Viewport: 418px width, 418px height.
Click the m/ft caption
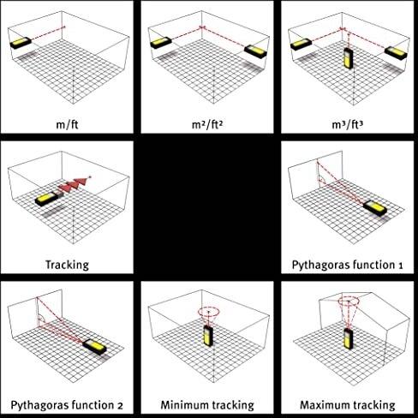tap(67, 125)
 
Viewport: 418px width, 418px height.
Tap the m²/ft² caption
tap(207, 125)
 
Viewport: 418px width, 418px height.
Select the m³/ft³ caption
tap(348, 125)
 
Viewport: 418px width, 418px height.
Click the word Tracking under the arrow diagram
tap(68, 265)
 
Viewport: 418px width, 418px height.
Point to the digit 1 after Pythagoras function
tap(400, 266)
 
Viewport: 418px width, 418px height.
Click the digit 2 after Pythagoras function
tap(120, 406)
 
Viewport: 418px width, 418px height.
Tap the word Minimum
tap(184, 405)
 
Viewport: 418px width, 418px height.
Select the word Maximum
tap(324, 405)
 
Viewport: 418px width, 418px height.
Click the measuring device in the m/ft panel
tap(21, 43)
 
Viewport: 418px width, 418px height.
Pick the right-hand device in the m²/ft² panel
tap(256, 51)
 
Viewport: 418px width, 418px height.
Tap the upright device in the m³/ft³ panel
tap(348, 58)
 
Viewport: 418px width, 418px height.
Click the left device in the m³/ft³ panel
tap(301, 45)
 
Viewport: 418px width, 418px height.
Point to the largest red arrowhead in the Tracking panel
tap(81, 182)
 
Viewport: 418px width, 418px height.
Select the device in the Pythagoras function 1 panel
tap(375, 208)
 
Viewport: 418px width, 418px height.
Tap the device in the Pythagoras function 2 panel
tap(94, 346)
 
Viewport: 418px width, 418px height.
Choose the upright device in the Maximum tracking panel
tap(349, 338)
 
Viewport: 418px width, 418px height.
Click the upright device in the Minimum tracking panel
tap(208, 336)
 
